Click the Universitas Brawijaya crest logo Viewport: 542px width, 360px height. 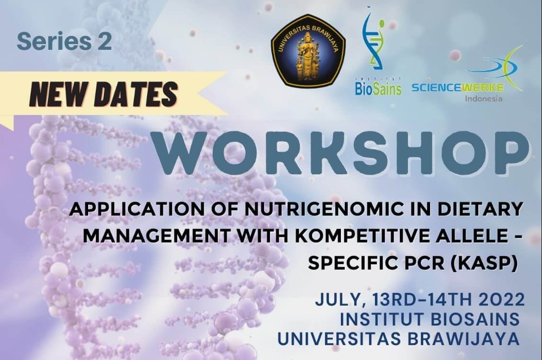click(x=308, y=50)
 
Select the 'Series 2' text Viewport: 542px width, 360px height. click(x=64, y=42)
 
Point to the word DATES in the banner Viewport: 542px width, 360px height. click(x=135, y=95)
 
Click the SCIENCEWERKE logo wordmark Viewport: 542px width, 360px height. click(x=458, y=88)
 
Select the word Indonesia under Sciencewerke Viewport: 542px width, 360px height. click(x=484, y=99)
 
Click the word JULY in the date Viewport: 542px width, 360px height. click(x=341, y=300)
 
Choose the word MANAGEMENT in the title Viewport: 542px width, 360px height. click(x=156, y=236)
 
